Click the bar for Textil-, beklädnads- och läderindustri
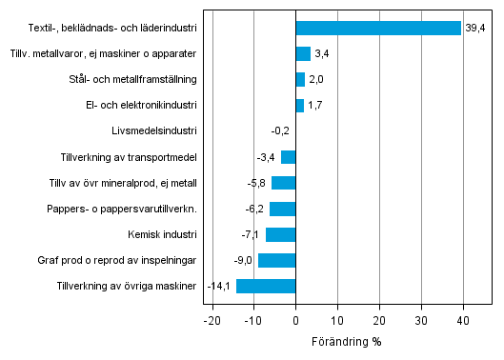(378, 29)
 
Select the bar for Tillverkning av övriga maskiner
(266, 286)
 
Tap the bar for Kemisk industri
(281, 234)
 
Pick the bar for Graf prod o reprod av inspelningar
(277, 260)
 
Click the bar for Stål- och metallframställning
(300, 80)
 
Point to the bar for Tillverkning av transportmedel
(289, 157)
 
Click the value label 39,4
(475, 29)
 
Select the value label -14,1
(220, 286)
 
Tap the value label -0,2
(280, 131)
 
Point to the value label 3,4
(322, 54)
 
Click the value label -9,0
(242, 260)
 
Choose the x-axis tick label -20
(212, 322)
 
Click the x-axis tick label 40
(463, 322)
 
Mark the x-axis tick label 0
(295, 322)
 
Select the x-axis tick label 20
(379, 322)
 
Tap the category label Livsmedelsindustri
(154, 131)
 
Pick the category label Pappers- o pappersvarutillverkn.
(122, 209)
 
